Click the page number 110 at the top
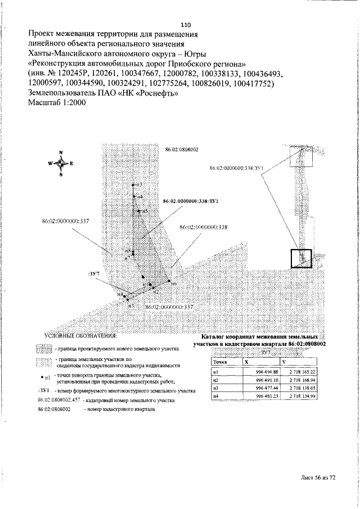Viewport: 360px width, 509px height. pyautogui.click(x=187, y=25)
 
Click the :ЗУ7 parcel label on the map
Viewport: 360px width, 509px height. pyautogui.click(x=93, y=273)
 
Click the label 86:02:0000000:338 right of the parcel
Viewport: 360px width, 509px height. pyautogui.click(x=203, y=227)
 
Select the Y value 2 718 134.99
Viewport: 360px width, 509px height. pyautogui.click(x=303, y=397)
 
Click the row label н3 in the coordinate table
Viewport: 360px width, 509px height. pyautogui.click(x=215, y=389)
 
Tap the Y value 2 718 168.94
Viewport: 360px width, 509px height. pyautogui.click(x=303, y=380)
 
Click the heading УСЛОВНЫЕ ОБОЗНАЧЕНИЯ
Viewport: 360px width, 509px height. pyautogui.click(x=80, y=336)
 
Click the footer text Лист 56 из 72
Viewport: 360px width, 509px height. pyautogui.click(x=317, y=478)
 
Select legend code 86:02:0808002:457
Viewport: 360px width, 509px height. pyautogui.click(x=59, y=400)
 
